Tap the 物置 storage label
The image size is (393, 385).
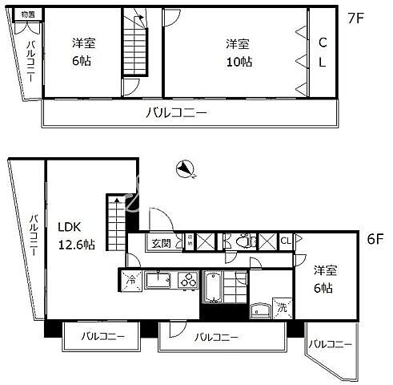(x=28, y=14)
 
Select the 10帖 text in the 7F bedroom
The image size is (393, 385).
(x=238, y=61)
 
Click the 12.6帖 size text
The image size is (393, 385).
(x=77, y=245)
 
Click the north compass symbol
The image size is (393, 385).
(x=185, y=168)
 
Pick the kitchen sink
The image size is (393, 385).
(x=157, y=281)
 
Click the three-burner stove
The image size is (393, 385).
(x=188, y=281)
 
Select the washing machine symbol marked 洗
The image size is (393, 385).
(x=281, y=306)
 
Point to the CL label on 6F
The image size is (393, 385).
(x=286, y=240)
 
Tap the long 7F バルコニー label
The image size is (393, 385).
(x=176, y=113)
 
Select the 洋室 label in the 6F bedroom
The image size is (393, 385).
(x=325, y=269)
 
